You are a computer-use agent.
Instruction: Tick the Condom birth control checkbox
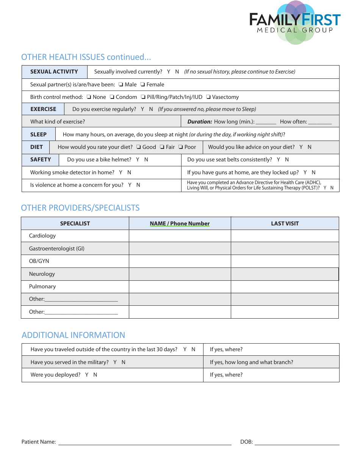[112, 97]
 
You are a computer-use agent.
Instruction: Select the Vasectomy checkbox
[209, 97]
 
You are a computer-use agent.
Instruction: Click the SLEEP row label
[38, 134]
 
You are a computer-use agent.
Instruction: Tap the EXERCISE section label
[43, 109]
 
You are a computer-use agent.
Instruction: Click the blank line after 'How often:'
[320, 122]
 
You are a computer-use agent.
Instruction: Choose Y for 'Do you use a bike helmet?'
[138, 160]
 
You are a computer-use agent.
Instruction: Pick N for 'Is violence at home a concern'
[138, 185]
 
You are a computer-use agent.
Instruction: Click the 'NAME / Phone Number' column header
[180, 224]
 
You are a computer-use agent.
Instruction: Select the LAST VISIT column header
[285, 224]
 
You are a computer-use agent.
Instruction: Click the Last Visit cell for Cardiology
[285, 236]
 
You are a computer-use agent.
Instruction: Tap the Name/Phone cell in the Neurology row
[180, 274]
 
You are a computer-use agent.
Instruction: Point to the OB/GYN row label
[39, 261]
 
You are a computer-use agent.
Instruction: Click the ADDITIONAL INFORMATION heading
[73, 335]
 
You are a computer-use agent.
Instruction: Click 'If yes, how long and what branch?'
[252, 363]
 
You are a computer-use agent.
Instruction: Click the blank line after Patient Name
[144, 442]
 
